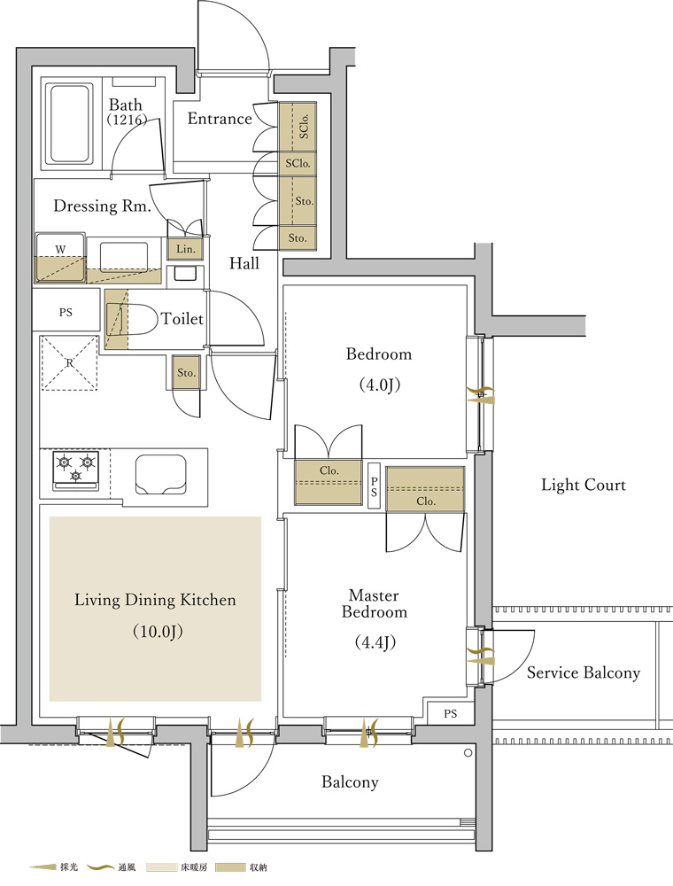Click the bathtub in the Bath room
[x=69, y=124]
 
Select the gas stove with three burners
[x=75, y=470]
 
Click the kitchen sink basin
[x=161, y=474]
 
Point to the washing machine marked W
[x=60, y=257]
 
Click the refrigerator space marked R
[x=69, y=362]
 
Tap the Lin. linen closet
[x=185, y=249]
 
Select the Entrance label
[x=220, y=119]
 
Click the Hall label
[x=244, y=263]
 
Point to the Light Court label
[x=584, y=485]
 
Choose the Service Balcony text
[x=584, y=672]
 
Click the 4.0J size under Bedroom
[x=379, y=385]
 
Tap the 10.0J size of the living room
[x=159, y=631]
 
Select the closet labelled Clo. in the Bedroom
[x=328, y=482]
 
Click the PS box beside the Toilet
[x=66, y=312]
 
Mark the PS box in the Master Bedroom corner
[x=450, y=713]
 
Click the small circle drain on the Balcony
[x=468, y=753]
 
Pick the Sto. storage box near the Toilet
[x=186, y=372]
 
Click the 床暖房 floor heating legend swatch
[x=162, y=867]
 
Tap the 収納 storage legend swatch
[x=230, y=867]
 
